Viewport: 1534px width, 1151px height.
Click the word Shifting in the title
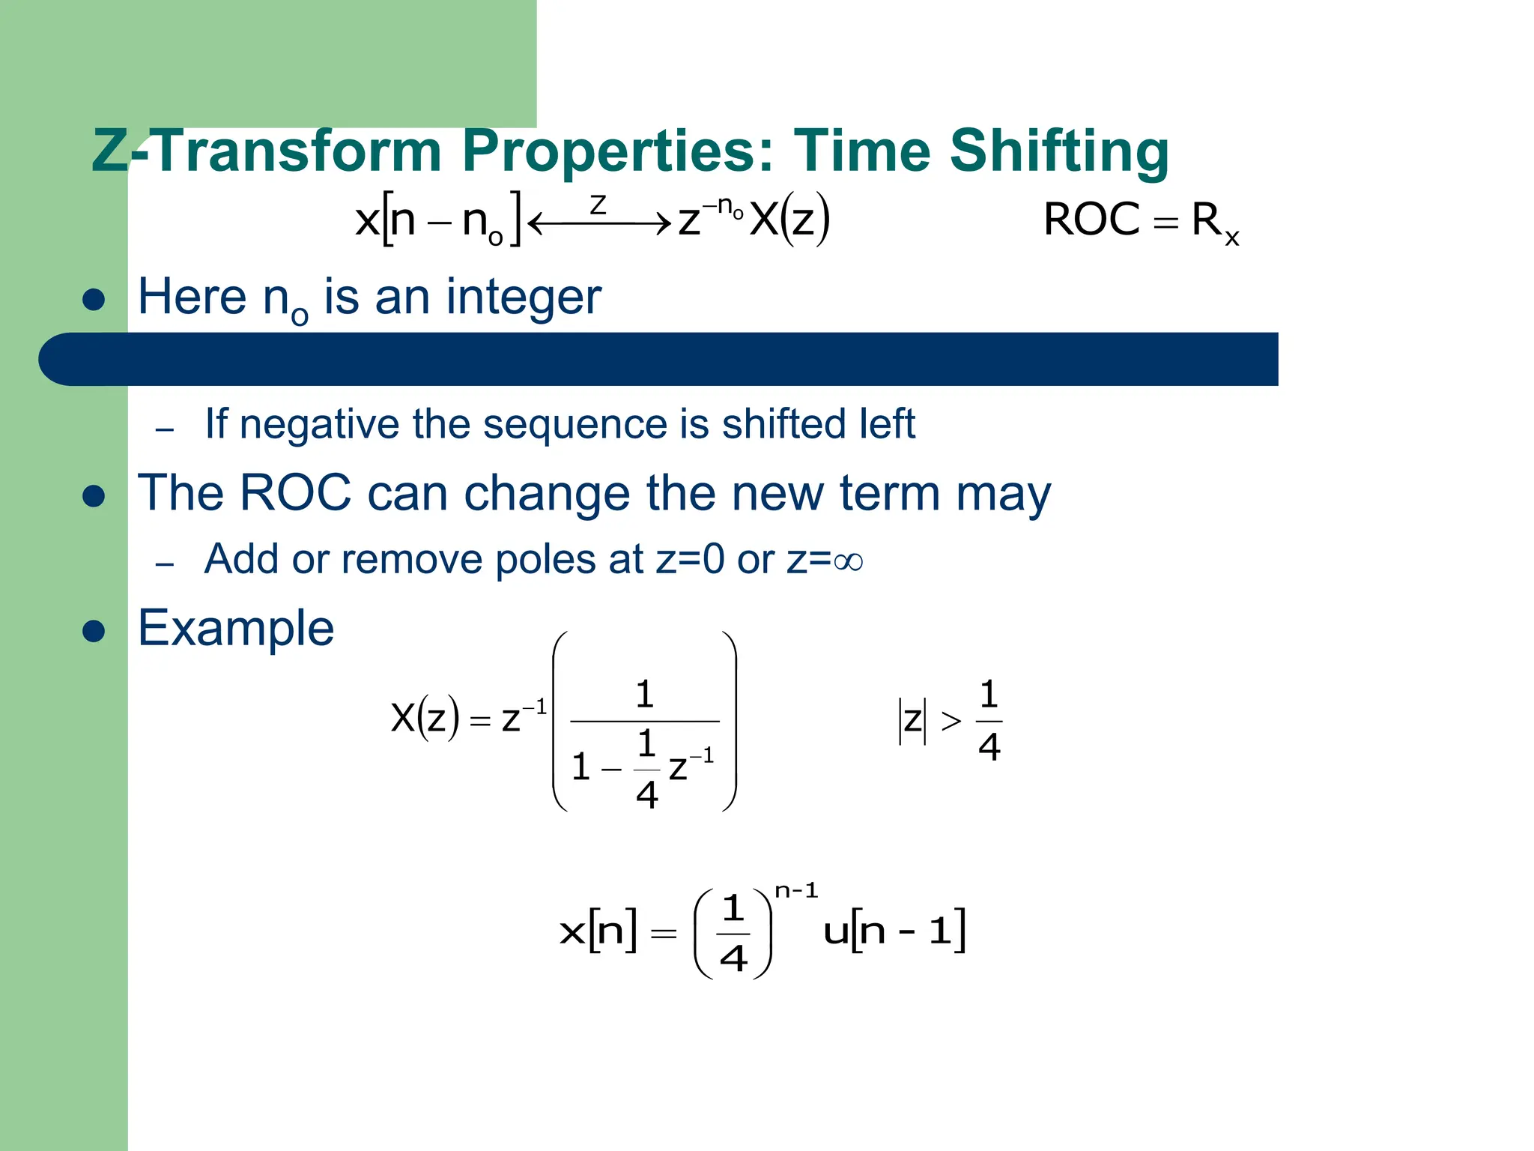point(1058,151)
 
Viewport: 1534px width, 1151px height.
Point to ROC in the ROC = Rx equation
point(1092,220)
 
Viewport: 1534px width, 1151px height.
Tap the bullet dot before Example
point(94,630)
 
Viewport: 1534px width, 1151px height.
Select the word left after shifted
point(888,423)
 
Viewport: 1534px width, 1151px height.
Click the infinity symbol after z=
point(848,561)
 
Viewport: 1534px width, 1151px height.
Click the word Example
point(236,628)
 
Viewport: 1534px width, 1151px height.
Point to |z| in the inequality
point(912,721)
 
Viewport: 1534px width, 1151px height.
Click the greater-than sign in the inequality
point(951,721)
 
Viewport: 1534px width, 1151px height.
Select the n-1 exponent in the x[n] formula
point(796,891)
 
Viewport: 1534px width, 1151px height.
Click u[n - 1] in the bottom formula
point(894,931)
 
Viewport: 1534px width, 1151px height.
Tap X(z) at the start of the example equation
point(424,718)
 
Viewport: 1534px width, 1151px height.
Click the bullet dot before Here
point(94,300)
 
